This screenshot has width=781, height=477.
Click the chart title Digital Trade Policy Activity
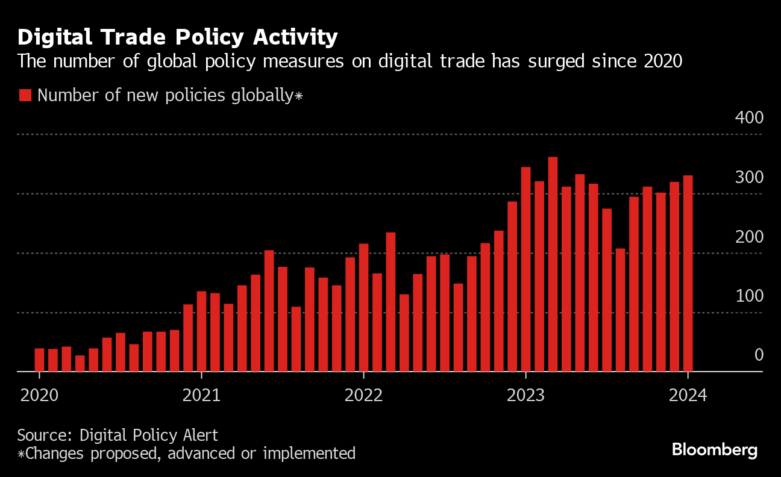coord(177,37)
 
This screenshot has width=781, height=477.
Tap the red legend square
coord(25,95)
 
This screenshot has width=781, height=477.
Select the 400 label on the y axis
coord(749,118)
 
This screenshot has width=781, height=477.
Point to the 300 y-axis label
coord(749,178)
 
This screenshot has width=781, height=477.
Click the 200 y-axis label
coord(749,237)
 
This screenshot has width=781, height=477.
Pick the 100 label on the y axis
coord(749,296)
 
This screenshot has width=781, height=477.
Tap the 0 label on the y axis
coord(759,355)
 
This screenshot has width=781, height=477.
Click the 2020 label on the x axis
coord(39,396)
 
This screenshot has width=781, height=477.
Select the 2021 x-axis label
coord(201,396)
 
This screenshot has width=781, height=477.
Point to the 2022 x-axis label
coord(363,396)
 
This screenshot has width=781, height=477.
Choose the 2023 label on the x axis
coord(525,396)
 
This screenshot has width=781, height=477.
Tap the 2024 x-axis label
coord(688,396)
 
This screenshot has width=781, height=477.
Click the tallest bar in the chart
coord(553,265)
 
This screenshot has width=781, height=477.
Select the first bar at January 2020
coord(39,360)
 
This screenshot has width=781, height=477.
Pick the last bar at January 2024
coord(688,274)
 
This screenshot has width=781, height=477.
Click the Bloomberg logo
coord(714,450)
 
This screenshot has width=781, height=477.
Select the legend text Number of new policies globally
coord(165,95)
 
